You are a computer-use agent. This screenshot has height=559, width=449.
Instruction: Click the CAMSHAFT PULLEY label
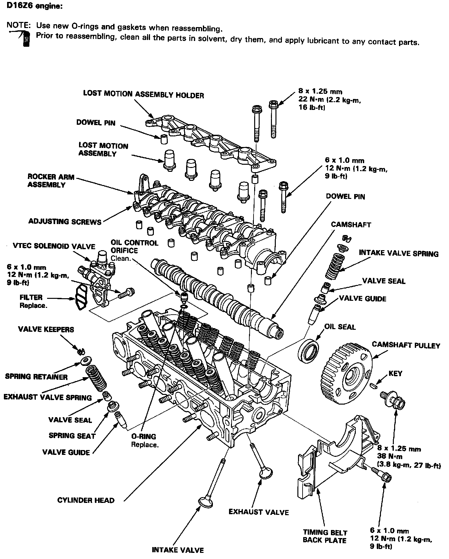[x=406, y=345]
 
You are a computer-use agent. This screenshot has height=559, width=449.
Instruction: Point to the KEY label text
[x=395, y=374]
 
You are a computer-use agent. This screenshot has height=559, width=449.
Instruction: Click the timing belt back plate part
[x=335, y=458]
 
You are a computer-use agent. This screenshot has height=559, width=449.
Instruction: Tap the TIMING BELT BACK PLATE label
[x=325, y=536]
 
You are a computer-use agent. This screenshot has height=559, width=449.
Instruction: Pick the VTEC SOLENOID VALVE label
[x=54, y=247]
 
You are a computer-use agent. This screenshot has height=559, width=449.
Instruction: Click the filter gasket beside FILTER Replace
[x=81, y=298]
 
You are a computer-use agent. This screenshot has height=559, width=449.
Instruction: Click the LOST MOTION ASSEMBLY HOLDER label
[x=144, y=94]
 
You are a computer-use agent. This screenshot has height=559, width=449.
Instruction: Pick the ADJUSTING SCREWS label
[x=65, y=221]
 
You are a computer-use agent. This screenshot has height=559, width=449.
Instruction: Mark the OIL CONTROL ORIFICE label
[x=135, y=247]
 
